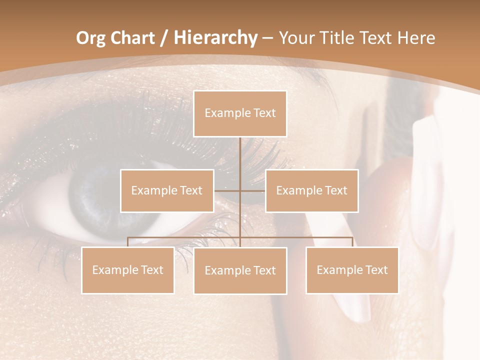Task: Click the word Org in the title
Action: [90, 38]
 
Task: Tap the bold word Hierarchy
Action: [215, 38]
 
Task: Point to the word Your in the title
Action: [294, 38]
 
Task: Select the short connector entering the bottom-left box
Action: [128, 242]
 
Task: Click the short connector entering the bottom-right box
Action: [352, 242]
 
